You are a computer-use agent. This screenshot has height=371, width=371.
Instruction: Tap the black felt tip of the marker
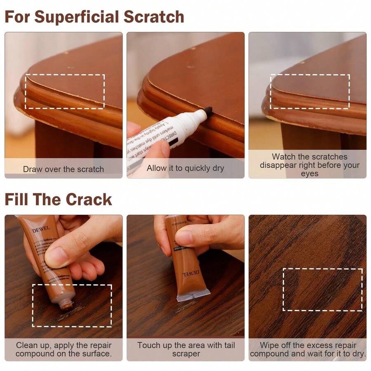(208, 110)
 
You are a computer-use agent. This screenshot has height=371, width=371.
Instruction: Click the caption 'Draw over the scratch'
(63, 169)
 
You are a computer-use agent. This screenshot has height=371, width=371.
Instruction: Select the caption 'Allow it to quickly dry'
(185, 168)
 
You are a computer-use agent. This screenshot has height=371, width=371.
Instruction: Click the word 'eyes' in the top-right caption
(309, 174)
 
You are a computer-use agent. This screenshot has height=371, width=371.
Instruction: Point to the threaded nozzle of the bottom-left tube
(66, 305)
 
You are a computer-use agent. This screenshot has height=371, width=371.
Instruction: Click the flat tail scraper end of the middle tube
(193, 295)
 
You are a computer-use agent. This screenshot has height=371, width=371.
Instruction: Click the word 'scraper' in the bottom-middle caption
(186, 354)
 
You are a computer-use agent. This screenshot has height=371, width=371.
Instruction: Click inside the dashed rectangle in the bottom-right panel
(322, 289)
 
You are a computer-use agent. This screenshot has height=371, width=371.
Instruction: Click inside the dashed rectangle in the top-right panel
(310, 92)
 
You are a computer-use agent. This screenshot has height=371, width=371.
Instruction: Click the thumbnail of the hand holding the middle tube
(184, 238)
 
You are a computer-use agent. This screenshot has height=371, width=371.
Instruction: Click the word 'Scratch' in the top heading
(155, 17)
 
